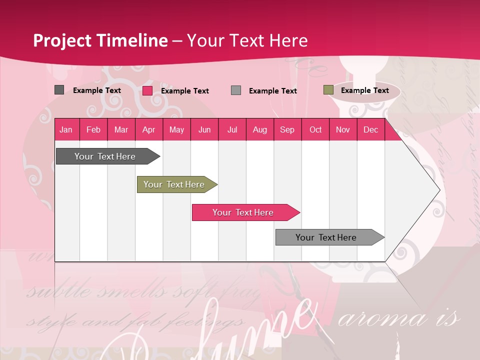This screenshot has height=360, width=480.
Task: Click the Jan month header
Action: click(x=66, y=130)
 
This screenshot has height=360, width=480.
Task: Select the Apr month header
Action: click(x=148, y=130)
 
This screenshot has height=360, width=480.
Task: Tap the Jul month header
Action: click(x=232, y=130)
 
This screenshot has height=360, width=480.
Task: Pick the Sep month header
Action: click(x=287, y=130)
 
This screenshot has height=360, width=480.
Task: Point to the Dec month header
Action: click(x=370, y=130)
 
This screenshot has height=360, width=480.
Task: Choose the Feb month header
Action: click(x=93, y=130)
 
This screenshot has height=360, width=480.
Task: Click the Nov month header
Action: click(x=342, y=130)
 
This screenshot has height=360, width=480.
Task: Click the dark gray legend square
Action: click(x=59, y=90)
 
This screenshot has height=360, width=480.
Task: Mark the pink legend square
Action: click(x=147, y=90)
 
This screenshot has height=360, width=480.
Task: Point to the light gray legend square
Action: click(x=236, y=90)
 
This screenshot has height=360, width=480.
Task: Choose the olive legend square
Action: click(x=328, y=90)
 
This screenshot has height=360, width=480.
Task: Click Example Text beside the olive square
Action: click(x=364, y=90)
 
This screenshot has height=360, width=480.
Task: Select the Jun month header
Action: click(x=204, y=130)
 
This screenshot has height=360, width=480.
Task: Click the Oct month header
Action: click(x=315, y=130)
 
